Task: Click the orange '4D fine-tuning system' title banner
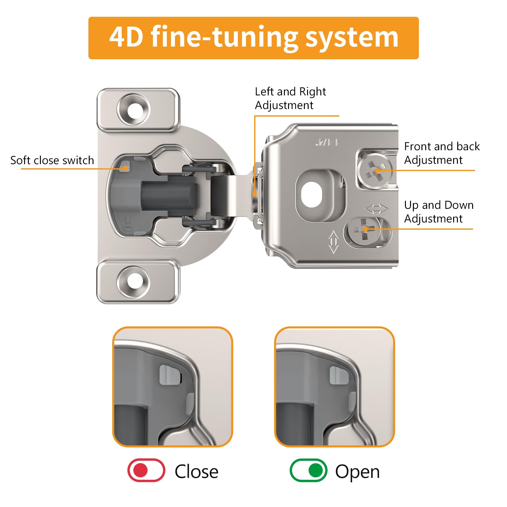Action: coord(253,38)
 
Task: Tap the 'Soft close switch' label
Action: coord(52,160)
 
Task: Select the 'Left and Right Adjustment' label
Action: coord(291,99)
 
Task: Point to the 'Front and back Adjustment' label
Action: coord(442,153)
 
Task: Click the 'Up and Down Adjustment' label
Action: coord(439,212)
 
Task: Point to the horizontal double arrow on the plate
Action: coord(376,209)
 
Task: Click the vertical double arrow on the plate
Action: coord(334,241)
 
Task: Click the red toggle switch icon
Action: coord(146,470)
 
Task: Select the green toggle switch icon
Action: coord(308,470)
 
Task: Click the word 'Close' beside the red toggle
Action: coord(196,472)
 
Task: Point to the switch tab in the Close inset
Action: coord(170,375)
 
